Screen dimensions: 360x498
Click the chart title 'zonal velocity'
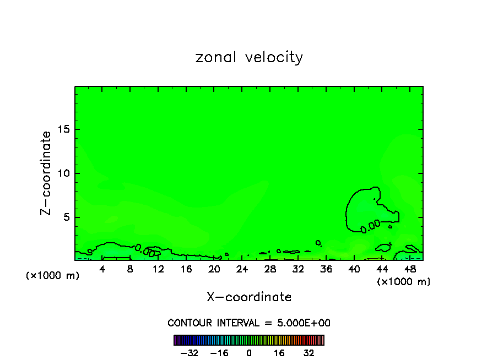249,57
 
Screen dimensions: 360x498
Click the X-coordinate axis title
249,297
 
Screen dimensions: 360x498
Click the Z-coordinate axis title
46,173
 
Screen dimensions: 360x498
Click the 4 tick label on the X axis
102,269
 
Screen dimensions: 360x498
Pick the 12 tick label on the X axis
158,269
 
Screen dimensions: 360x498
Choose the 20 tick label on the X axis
214,269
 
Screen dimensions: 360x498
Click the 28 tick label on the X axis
270,269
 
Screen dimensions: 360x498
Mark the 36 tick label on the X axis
326,269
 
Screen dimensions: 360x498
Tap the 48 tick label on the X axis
409,269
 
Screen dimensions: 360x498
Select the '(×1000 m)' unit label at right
403,282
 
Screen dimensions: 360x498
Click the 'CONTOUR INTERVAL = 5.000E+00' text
249,323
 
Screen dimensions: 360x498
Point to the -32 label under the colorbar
189,353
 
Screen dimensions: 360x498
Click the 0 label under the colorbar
249,353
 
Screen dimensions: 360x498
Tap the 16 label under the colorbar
279,353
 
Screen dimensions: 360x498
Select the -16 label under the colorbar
219,353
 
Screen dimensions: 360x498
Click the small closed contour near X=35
318,242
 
